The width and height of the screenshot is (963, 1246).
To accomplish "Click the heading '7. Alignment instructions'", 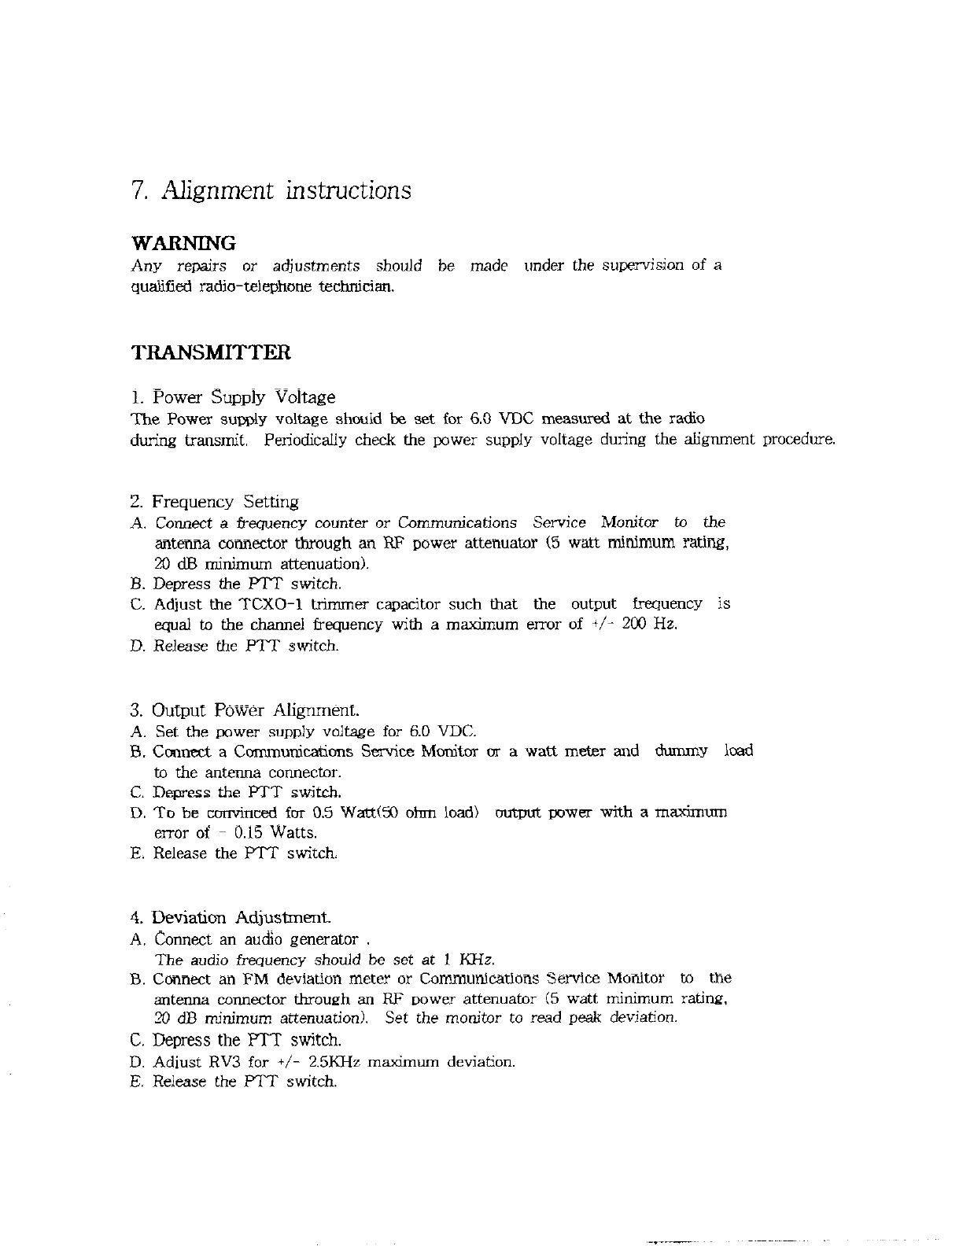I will (271, 191).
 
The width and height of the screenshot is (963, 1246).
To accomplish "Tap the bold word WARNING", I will (183, 243).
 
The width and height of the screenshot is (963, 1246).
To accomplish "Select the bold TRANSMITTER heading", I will (210, 352).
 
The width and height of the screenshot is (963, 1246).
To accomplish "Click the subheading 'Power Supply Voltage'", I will (243, 397).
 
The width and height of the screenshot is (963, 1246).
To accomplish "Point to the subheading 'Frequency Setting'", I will (225, 502).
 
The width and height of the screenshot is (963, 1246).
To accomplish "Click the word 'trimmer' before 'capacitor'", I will (336, 604).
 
